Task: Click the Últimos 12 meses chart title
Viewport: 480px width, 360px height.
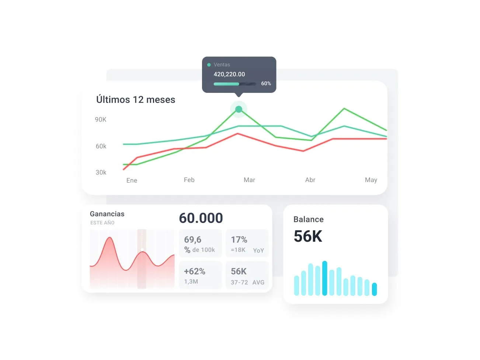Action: point(135,99)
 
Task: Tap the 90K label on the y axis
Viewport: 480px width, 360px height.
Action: point(101,119)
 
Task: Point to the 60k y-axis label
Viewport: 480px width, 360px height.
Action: point(101,146)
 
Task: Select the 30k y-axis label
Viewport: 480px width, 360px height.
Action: point(101,172)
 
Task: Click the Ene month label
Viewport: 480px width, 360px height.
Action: point(132,180)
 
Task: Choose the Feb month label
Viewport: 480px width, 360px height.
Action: point(189,180)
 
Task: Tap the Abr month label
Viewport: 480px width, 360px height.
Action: point(310,180)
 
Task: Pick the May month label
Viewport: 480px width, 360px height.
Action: point(371,180)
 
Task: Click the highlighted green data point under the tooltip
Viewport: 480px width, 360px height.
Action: point(239,109)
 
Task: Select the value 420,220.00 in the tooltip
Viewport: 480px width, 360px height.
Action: point(229,74)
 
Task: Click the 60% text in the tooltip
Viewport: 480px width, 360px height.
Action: point(266,84)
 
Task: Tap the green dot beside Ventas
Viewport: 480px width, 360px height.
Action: point(209,65)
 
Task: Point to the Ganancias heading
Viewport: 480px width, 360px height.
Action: point(107,214)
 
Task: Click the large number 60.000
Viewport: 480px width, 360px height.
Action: point(201,218)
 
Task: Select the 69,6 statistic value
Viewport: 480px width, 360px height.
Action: point(193,240)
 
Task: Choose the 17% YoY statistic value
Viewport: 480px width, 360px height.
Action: point(239,240)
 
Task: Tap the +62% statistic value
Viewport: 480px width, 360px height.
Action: point(195,271)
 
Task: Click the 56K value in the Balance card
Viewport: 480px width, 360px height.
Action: point(308,236)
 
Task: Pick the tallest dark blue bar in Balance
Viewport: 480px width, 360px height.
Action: point(324,278)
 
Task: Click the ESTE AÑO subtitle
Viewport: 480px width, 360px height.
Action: point(102,223)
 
